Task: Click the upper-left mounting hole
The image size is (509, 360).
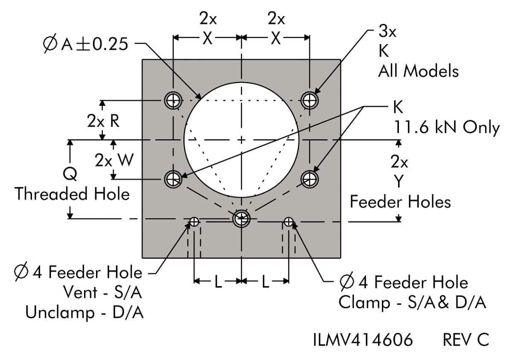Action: tap(173, 101)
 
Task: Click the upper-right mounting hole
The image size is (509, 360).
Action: tap(309, 101)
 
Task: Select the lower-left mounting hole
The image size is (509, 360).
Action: tap(173, 178)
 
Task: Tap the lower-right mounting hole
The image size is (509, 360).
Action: tap(309, 178)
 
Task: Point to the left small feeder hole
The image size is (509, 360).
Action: tap(194, 221)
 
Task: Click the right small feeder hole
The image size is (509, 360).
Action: tap(289, 221)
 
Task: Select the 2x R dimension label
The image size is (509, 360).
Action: tap(103, 121)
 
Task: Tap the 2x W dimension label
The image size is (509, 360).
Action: tap(114, 161)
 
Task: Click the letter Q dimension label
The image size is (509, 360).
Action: tap(70, 174)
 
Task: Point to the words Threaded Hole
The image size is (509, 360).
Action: tap(72, 194)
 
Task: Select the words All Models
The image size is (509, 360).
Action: tap(418, 71)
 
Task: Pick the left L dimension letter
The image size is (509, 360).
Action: tap(218, 282)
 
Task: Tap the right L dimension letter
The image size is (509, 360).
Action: tap(265, 282)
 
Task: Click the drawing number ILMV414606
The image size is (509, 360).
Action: tap(363, 340)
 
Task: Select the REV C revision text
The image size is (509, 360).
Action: tap(465, 340)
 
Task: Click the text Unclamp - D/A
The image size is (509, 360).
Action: tap(84, 313)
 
